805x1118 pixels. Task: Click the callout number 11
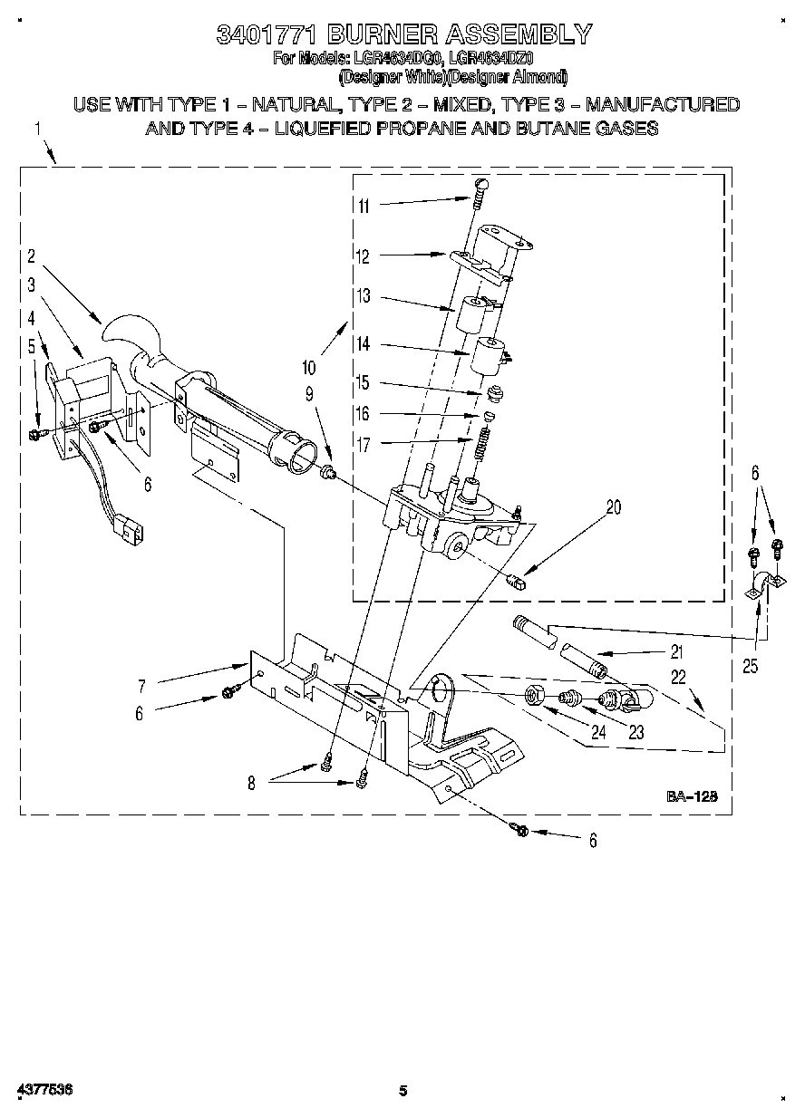click(x=364, y=206)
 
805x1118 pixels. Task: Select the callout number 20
click(x=614, y=507)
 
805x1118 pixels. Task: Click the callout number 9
click(x=309, y=394)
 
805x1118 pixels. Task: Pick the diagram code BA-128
click(x=693, y=796)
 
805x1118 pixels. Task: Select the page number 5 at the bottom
click(x=403, y=1090)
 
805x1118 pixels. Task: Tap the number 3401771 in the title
click(x=267, y=34)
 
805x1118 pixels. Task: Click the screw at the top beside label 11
click(x=481, y=187)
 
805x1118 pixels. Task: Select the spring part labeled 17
click(x=482, y=445)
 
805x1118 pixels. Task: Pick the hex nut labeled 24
click(x=535, y=696)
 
